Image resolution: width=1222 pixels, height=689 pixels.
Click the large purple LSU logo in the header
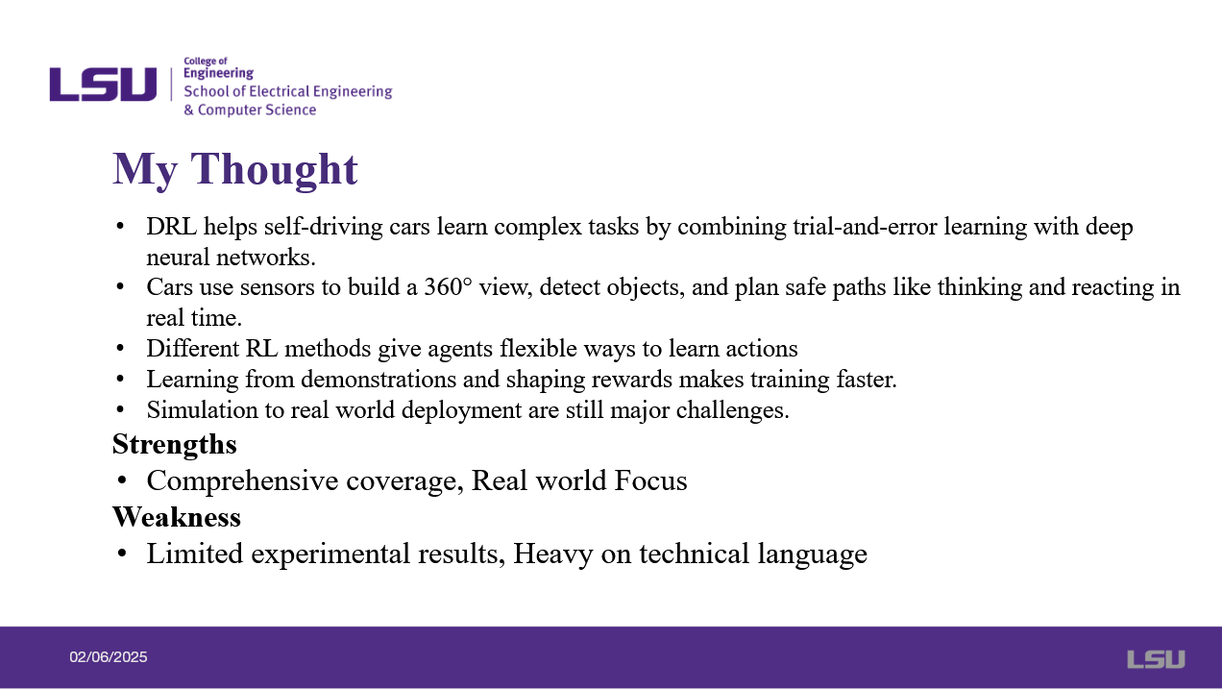pos(103,85)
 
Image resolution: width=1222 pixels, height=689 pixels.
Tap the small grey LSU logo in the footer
pos(1156,659)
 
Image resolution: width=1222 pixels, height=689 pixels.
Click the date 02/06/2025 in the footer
pos(108,657)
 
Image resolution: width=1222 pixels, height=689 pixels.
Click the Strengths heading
pos(175,444)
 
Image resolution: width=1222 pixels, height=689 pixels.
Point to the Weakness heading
pos(177,517)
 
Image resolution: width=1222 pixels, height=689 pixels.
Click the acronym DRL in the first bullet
pos(171,227)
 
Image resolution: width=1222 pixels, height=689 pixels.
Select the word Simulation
pos(202,409)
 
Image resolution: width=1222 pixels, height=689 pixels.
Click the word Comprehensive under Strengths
pos(243,480)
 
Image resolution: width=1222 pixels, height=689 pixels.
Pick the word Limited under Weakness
pos(195,554)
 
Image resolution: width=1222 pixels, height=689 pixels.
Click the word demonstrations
pos(379,380)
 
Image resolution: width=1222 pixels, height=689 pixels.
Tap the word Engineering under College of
pos(218,73)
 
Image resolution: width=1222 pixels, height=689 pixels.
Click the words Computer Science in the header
pos(257,110)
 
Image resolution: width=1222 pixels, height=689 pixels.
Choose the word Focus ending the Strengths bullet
pos(650,480)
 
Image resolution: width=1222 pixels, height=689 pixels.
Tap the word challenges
pos(733,410)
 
